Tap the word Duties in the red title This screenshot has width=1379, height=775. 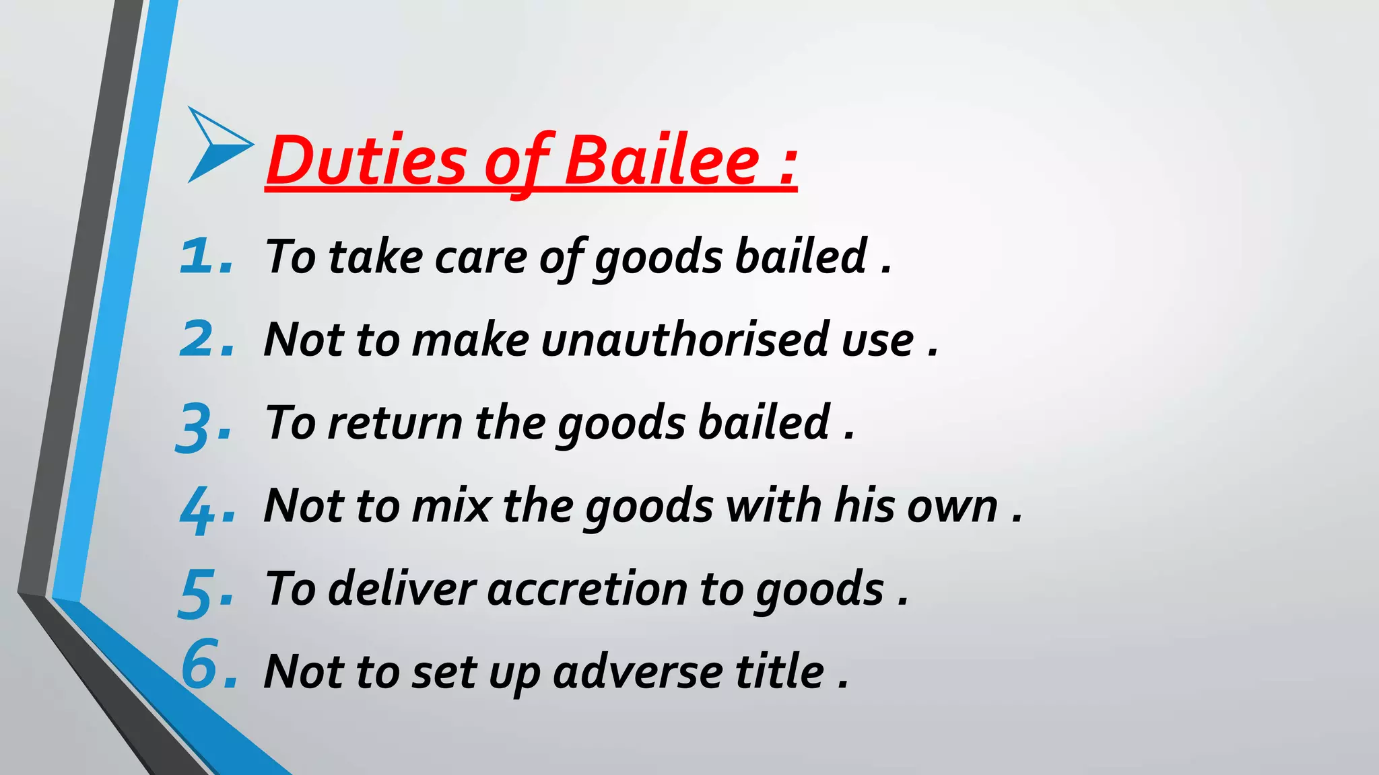coord(366,161)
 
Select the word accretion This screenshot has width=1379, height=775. coord(586,589)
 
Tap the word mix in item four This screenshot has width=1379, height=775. coord(451,505)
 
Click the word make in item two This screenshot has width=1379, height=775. coord(471,339)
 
